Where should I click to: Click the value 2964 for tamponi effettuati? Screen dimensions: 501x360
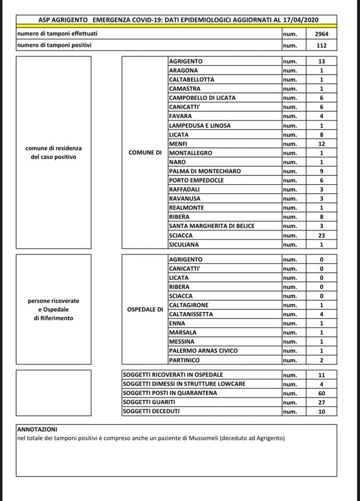pyautogui.click(x=321, y=34)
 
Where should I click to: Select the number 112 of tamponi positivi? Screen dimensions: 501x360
pyautogui.click(x=321, y=45)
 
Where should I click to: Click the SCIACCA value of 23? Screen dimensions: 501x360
pyautogui.click(x=321, y=235)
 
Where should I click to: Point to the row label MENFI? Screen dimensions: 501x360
pyautogui.click(x=178, y=144)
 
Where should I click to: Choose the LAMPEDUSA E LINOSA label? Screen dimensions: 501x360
pyautogui.click(x=200, y=125)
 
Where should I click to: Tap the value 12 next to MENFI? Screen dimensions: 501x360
pyautogui.click(x=321, y=144)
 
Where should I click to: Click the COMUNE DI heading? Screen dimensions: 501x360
pyautogui.click(x=145, y=153)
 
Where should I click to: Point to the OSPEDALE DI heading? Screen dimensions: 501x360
pyautogui.click(x=145, y=309)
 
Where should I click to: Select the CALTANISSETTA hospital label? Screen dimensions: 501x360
pyautogui.click(x=191, y=314)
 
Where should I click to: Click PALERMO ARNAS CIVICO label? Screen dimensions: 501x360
pyautogui.click(x=200, y=351)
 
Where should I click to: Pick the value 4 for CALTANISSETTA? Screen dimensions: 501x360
pyautogui.click(x=321, y=314)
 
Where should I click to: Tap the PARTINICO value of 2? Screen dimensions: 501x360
pyautogui.click(x=321, y=360)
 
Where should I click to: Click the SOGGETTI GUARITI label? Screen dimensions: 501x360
pyautogui.click(x=149, y=402)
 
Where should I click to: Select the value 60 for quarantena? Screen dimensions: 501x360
pyautogui.click(x=321, y=393)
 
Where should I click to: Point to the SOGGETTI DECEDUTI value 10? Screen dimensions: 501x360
pyautogui.click(x=321, y=412)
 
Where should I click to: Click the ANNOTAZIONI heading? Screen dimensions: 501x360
pyautogui.click(x=38, y=428)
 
